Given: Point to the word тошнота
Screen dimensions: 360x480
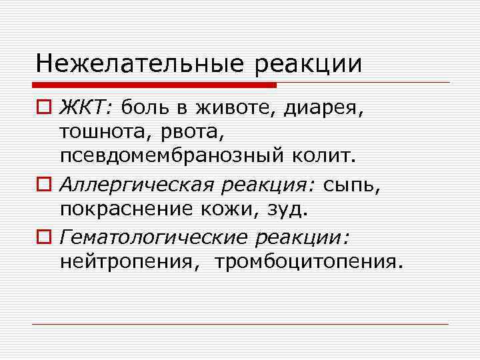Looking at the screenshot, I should tap(99, 132).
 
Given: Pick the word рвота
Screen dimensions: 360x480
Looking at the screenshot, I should tap(175, 132).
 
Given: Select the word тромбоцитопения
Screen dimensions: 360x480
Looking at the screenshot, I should tap(309, 261).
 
